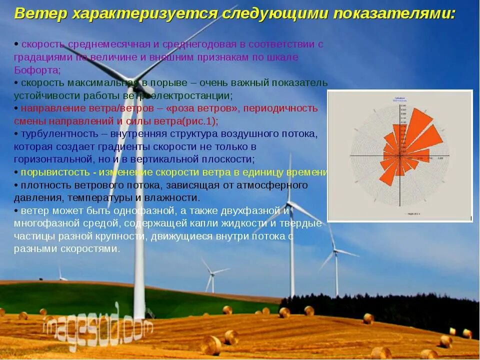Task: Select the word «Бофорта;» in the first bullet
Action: (x=37, y=70)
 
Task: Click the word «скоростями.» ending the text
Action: (x=91, y=249)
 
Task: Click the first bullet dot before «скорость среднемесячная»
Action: (x=16, y=44)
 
